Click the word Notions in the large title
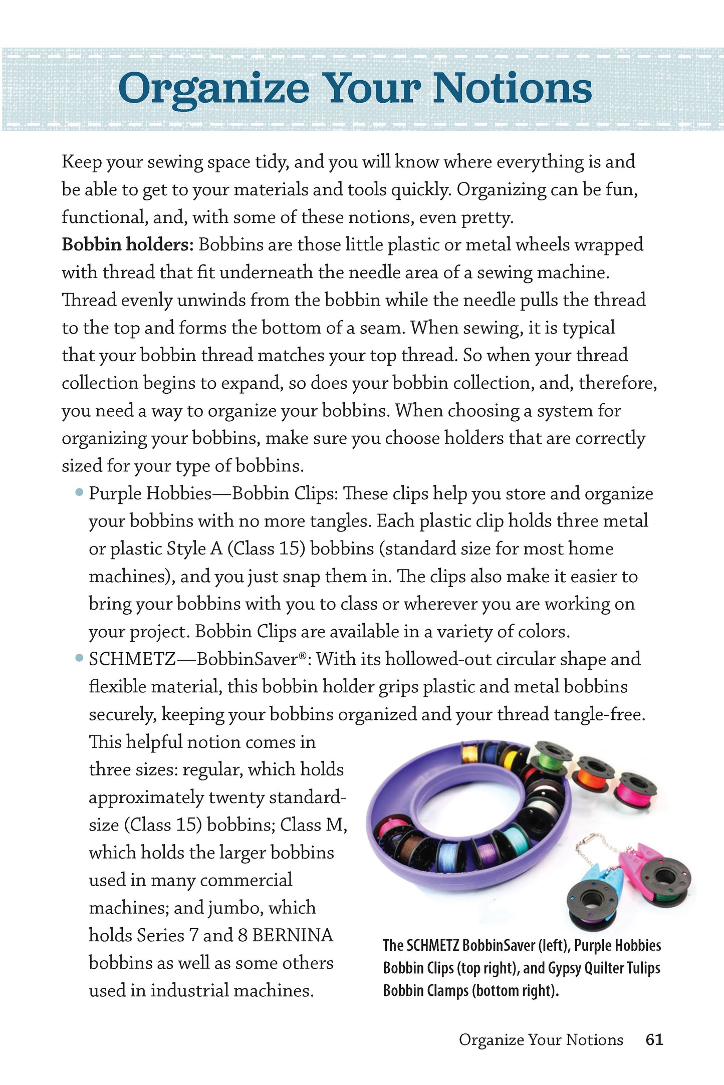(512, 89)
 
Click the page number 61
(654, 1039)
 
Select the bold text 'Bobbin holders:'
(127, 245)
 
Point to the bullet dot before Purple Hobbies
(79, 492)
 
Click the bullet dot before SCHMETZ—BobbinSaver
(79, 658)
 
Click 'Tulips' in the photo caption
(642, 968)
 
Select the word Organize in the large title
(213, 89)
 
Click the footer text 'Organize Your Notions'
(541, 1039)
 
